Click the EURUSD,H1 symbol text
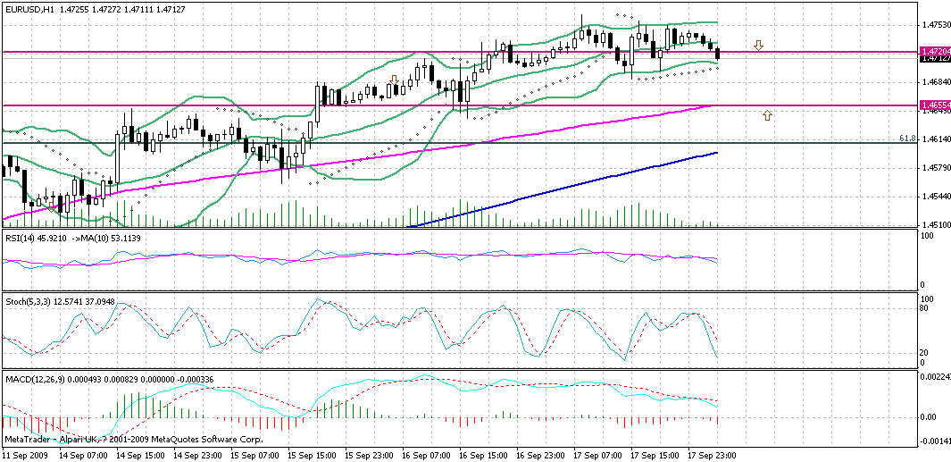click(28, 7)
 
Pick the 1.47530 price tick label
click(935, 25)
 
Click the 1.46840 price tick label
click(935, 82)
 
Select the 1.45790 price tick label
click(935, 168)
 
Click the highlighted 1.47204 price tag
click(936, 51)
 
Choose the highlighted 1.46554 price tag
click(936, 105)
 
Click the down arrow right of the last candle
click(758, 45)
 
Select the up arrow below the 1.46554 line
click(766, 115)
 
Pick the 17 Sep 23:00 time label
click(712, 455)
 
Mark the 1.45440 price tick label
click(935, 197)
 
